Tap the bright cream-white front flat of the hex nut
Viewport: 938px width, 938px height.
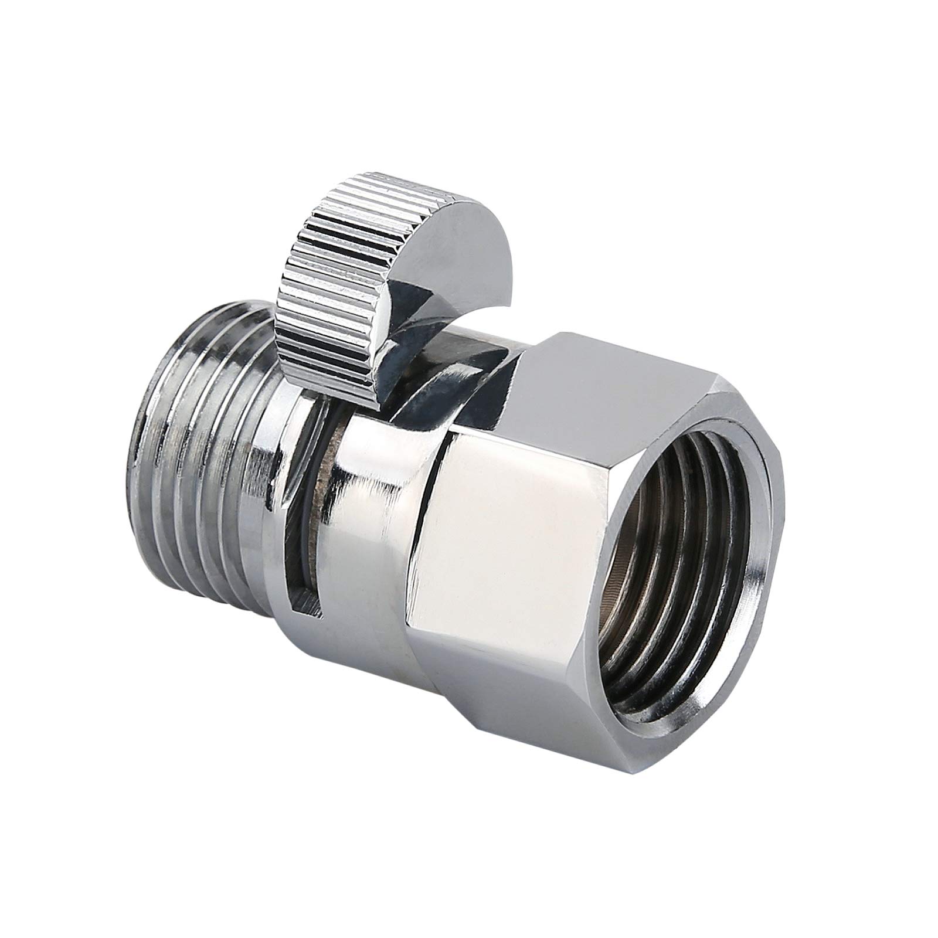click(x=504, y=528)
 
